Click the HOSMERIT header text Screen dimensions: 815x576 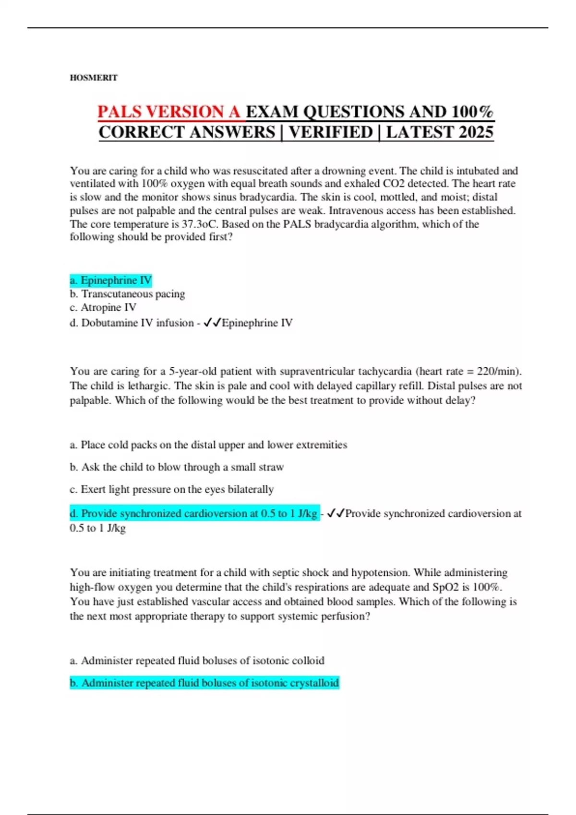click(x=94, y=78)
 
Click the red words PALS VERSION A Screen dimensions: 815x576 click(x=169, y=112)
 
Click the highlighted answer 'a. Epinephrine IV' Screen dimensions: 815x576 click(x=111, y=280)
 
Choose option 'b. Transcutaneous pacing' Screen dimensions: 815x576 click(x=127, y=293)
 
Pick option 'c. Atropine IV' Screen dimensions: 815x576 click(x=103, y=307)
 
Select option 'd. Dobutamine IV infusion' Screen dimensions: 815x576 click(x=132, y=323)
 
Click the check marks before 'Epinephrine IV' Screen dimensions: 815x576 click(x=212, y=323)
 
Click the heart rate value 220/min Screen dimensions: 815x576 click(x=498, y=371)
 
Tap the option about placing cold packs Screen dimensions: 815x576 click(x=208, y=444)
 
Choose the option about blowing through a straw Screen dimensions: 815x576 click(x=177, y=467)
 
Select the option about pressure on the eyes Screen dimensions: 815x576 click(x=171, y=489)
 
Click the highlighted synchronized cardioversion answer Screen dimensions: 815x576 click(x=194, y=513)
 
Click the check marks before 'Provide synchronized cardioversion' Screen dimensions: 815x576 click(x=336, y=513)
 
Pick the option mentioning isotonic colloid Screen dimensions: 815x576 click(x=197, y=661)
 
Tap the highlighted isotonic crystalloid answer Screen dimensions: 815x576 click(x=204, y=683)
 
